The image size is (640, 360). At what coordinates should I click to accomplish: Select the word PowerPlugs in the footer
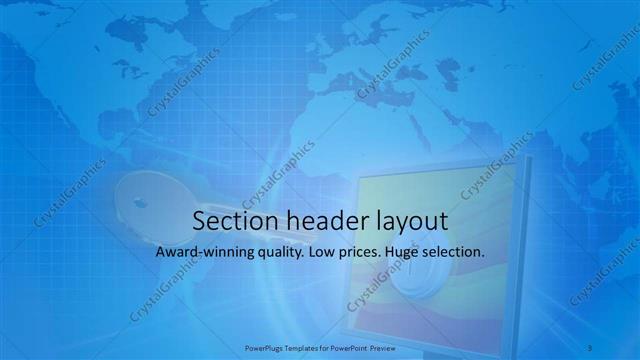coord(263,347)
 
